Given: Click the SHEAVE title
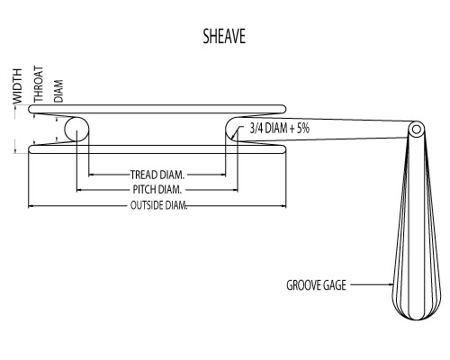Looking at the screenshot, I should pos(224,37).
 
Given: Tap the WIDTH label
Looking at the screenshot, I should pos(16,86).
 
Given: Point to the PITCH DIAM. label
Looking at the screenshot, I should pos(157,190).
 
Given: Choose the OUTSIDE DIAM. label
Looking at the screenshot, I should pos(158,206).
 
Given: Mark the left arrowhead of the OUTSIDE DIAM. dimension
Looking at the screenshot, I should pos(32,206).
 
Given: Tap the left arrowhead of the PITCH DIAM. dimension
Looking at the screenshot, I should pos(80,190).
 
